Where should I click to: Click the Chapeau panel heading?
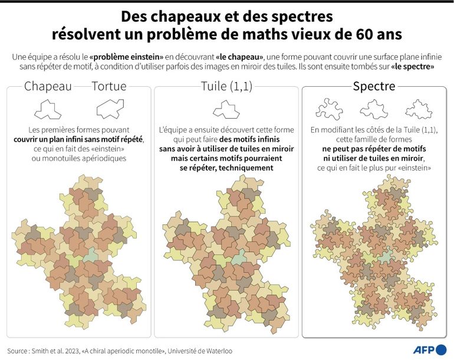(48, 86)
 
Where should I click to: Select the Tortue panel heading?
(109, 86)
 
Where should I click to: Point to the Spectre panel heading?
(374, 86)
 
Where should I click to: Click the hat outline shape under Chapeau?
(48, 109)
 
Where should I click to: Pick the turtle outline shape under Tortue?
(110, 109)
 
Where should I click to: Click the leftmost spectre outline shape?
(330, 109)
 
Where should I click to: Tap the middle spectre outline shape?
(373, 109)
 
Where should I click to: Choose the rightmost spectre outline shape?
(419, 109)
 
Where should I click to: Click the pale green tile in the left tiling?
(90, 256)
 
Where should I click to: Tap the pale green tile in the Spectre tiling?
(386, 255)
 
